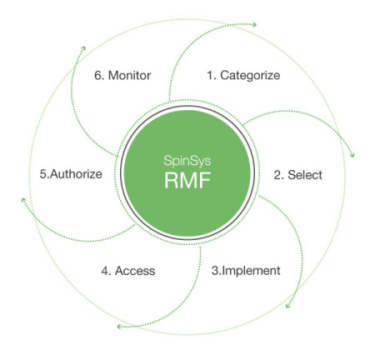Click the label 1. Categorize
pos(242,76)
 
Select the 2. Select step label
pos(298,176)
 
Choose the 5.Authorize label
pos(71,175)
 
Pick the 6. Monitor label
pos(122,76)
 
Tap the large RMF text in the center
pos(188,182)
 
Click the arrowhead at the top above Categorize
pos(254,24)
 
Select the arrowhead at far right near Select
pos(353,155)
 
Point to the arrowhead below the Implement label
pos(288,307)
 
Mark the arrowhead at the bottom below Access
pos(121,326)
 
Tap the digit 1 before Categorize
pos(209,76)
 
